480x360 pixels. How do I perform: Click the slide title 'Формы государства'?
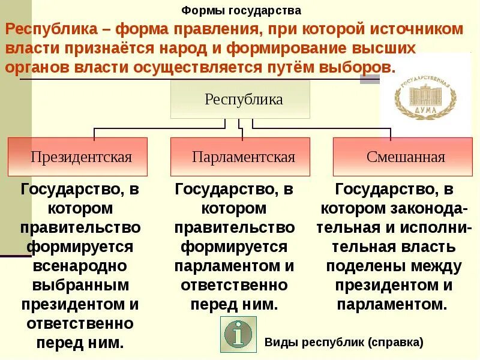click(x=241, y=11)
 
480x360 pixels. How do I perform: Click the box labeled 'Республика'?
click(x=240, y=99)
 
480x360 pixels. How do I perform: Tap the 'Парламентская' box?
click(x=241, y=157)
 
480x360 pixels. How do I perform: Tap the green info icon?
click(x=238, y=334)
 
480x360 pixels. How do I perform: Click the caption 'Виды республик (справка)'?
click(x=344, y=343)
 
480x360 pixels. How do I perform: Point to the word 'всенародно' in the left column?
click(x=80, y=266)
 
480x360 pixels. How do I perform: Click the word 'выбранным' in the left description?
click(x=80, y=285)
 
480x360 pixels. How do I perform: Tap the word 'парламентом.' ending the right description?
click(x=392, y=304)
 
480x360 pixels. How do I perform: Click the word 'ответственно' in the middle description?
click(x=235, y=285)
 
